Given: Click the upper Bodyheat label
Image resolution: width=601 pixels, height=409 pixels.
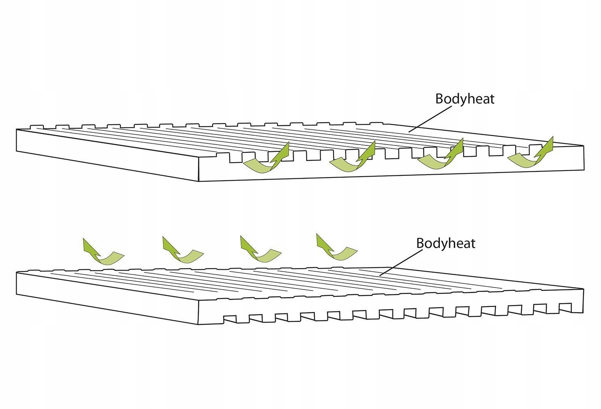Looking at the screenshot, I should pyautogui.click(x=465, y=99).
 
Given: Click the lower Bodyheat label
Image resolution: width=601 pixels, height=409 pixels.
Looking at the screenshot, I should pyautogui.click(x=446, y=243).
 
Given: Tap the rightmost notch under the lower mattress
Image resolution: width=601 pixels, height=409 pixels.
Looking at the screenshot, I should pyautogui.click(x=565, y=306).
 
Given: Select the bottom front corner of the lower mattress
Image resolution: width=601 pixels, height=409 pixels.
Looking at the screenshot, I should pyautogui.click(x=199, y=325).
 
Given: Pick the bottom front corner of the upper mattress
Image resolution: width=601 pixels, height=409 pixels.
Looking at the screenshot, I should pyautogui.click(x=198, y=181).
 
